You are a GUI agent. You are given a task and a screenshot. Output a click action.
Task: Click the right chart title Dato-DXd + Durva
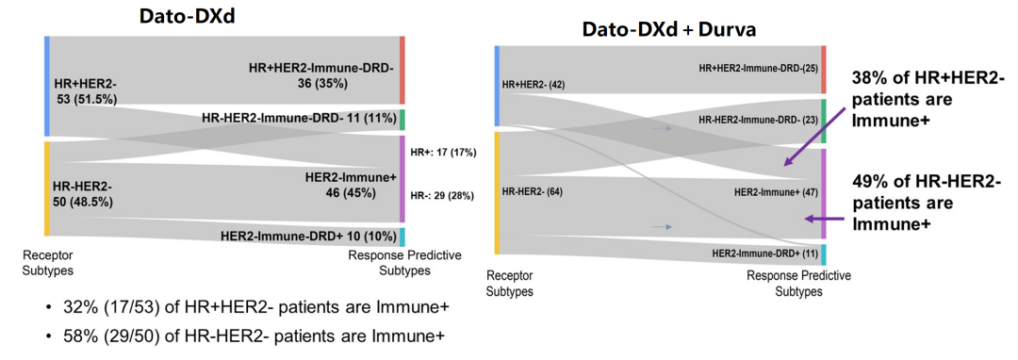[x=668, y=30]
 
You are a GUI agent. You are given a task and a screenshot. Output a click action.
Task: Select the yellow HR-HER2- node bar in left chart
[x=47, y=188]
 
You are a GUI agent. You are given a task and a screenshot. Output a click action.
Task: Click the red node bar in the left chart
[x=402, y=70]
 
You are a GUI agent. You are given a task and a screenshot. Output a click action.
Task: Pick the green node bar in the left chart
[x=402, y=120]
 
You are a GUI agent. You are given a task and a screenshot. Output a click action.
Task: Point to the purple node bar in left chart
[x=402, y=179]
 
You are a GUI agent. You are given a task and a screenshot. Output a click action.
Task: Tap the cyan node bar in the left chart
[x=402, y=237]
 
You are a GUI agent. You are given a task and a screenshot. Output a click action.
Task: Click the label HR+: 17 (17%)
[x=444, y=153]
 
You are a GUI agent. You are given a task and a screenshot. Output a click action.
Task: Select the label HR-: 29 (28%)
[x=443, y=195]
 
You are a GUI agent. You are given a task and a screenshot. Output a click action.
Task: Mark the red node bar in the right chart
[x=824, y=70]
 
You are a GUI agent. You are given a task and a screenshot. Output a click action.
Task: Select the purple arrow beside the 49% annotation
[x=829, y=219]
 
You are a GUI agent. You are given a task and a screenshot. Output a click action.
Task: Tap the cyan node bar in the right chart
[x=824, y=254]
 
